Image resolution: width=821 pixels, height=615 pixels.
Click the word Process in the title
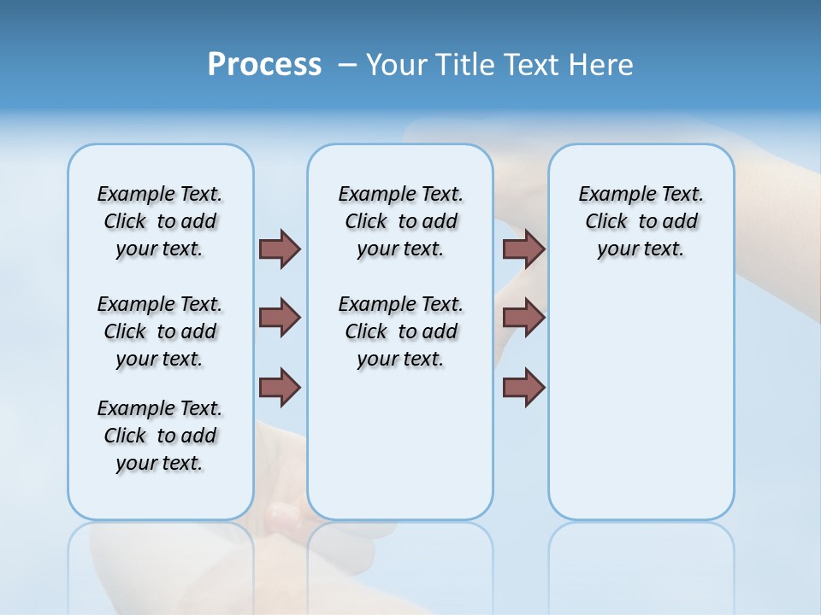pos(264,65)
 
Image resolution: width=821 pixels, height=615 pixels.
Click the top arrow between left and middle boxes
pos(280,249)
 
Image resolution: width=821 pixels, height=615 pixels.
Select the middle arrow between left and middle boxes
pos(280,318)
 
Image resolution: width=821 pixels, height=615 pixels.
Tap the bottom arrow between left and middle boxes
pos(280,387)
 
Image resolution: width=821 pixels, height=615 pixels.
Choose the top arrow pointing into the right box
pos(523,249)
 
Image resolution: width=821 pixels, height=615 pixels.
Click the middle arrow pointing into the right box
pos(523,318)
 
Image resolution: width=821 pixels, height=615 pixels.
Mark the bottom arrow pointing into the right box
pos(523,387)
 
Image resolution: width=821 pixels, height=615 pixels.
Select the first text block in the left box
pos(160,221)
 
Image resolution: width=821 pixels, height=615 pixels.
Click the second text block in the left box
pos(160,331)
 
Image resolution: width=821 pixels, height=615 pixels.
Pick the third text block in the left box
pos(160,436)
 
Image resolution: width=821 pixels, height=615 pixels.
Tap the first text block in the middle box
pos(400,221)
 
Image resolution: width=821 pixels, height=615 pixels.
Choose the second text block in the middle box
pos(400,331)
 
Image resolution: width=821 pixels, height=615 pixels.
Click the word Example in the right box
pos(611,194)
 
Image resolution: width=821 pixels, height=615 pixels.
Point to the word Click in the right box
pos(606,221)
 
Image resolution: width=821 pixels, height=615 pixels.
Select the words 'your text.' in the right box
pos(641,249)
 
